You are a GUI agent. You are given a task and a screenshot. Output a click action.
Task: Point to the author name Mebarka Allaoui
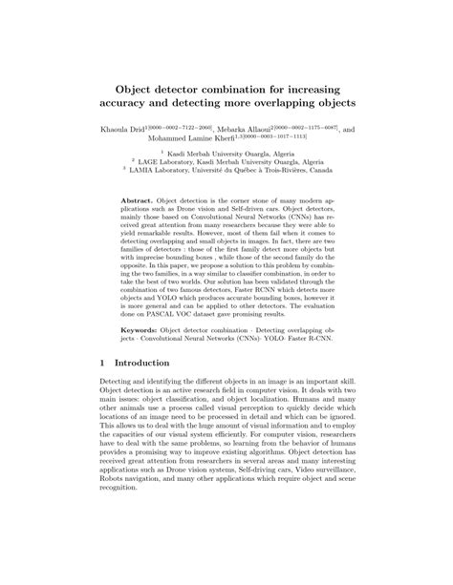point(244,129)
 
